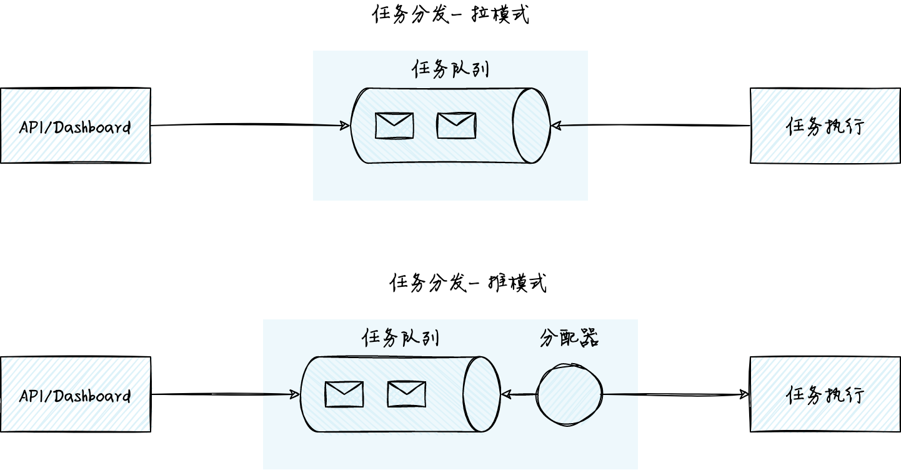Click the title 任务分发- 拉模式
450,14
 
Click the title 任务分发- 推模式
468,282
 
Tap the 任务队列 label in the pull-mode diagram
450,69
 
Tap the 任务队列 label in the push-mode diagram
401,337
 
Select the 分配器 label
569,337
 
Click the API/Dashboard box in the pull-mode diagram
76,126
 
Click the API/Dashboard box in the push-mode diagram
76,394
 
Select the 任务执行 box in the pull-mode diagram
825,126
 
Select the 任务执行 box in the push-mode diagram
825,394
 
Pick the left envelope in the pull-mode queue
394,126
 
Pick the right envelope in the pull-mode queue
457,126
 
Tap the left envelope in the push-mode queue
344,394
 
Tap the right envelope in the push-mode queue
407,394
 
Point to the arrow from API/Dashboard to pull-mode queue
250,125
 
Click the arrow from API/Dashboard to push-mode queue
225,394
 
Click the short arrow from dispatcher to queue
519,394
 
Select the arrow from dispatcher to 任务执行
676,394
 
